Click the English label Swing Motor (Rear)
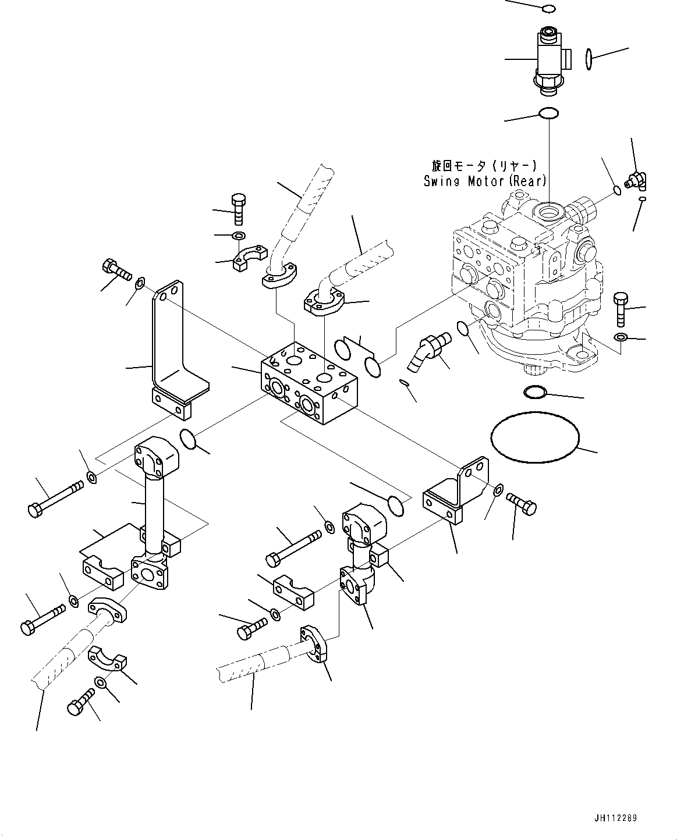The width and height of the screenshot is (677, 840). [484, 181]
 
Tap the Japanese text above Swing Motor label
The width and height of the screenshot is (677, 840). [484, 166]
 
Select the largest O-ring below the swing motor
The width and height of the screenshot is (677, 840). [535, 438]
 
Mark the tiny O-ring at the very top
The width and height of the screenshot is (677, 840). [548, 9]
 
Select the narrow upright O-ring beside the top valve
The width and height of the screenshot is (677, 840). [589, 59]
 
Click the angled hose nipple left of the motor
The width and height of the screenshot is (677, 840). [429, 351]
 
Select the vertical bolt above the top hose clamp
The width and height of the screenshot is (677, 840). [238, 208]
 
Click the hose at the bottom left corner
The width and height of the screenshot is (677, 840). [58, 663]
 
